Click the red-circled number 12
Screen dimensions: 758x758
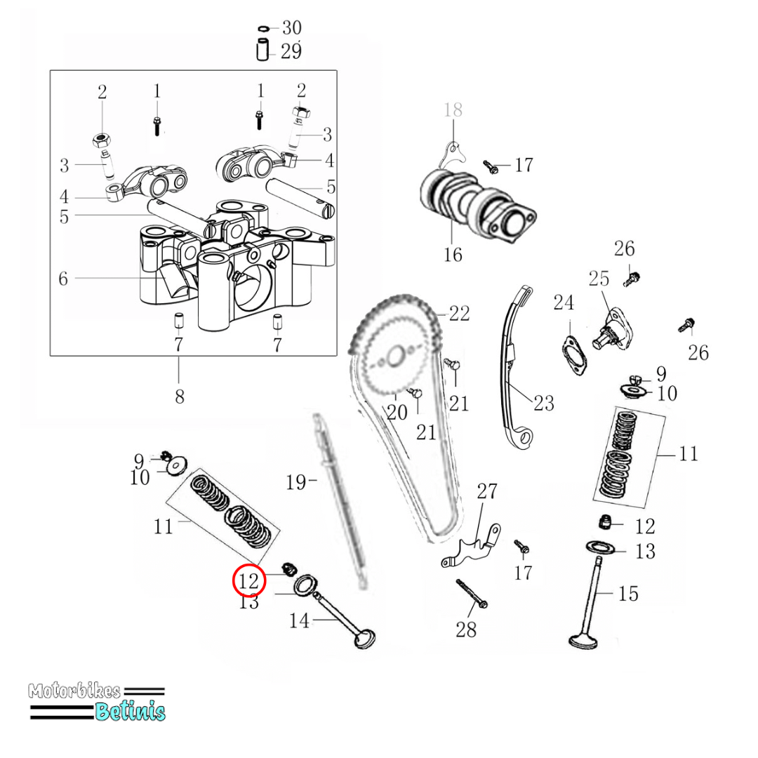point(249,580)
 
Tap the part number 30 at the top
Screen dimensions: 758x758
point(291,28)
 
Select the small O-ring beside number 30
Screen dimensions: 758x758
point(263,29)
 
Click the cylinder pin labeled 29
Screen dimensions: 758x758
point(262,51)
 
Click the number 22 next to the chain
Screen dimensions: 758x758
point(459,313)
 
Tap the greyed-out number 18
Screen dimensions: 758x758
point(453,109)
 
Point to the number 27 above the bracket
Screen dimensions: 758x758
point(486,491)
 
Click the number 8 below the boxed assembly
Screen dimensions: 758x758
point(180,397)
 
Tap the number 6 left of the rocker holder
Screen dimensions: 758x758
point(63,279)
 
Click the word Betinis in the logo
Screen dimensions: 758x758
point(130,711)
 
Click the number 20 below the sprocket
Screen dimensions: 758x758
point(397,413)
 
